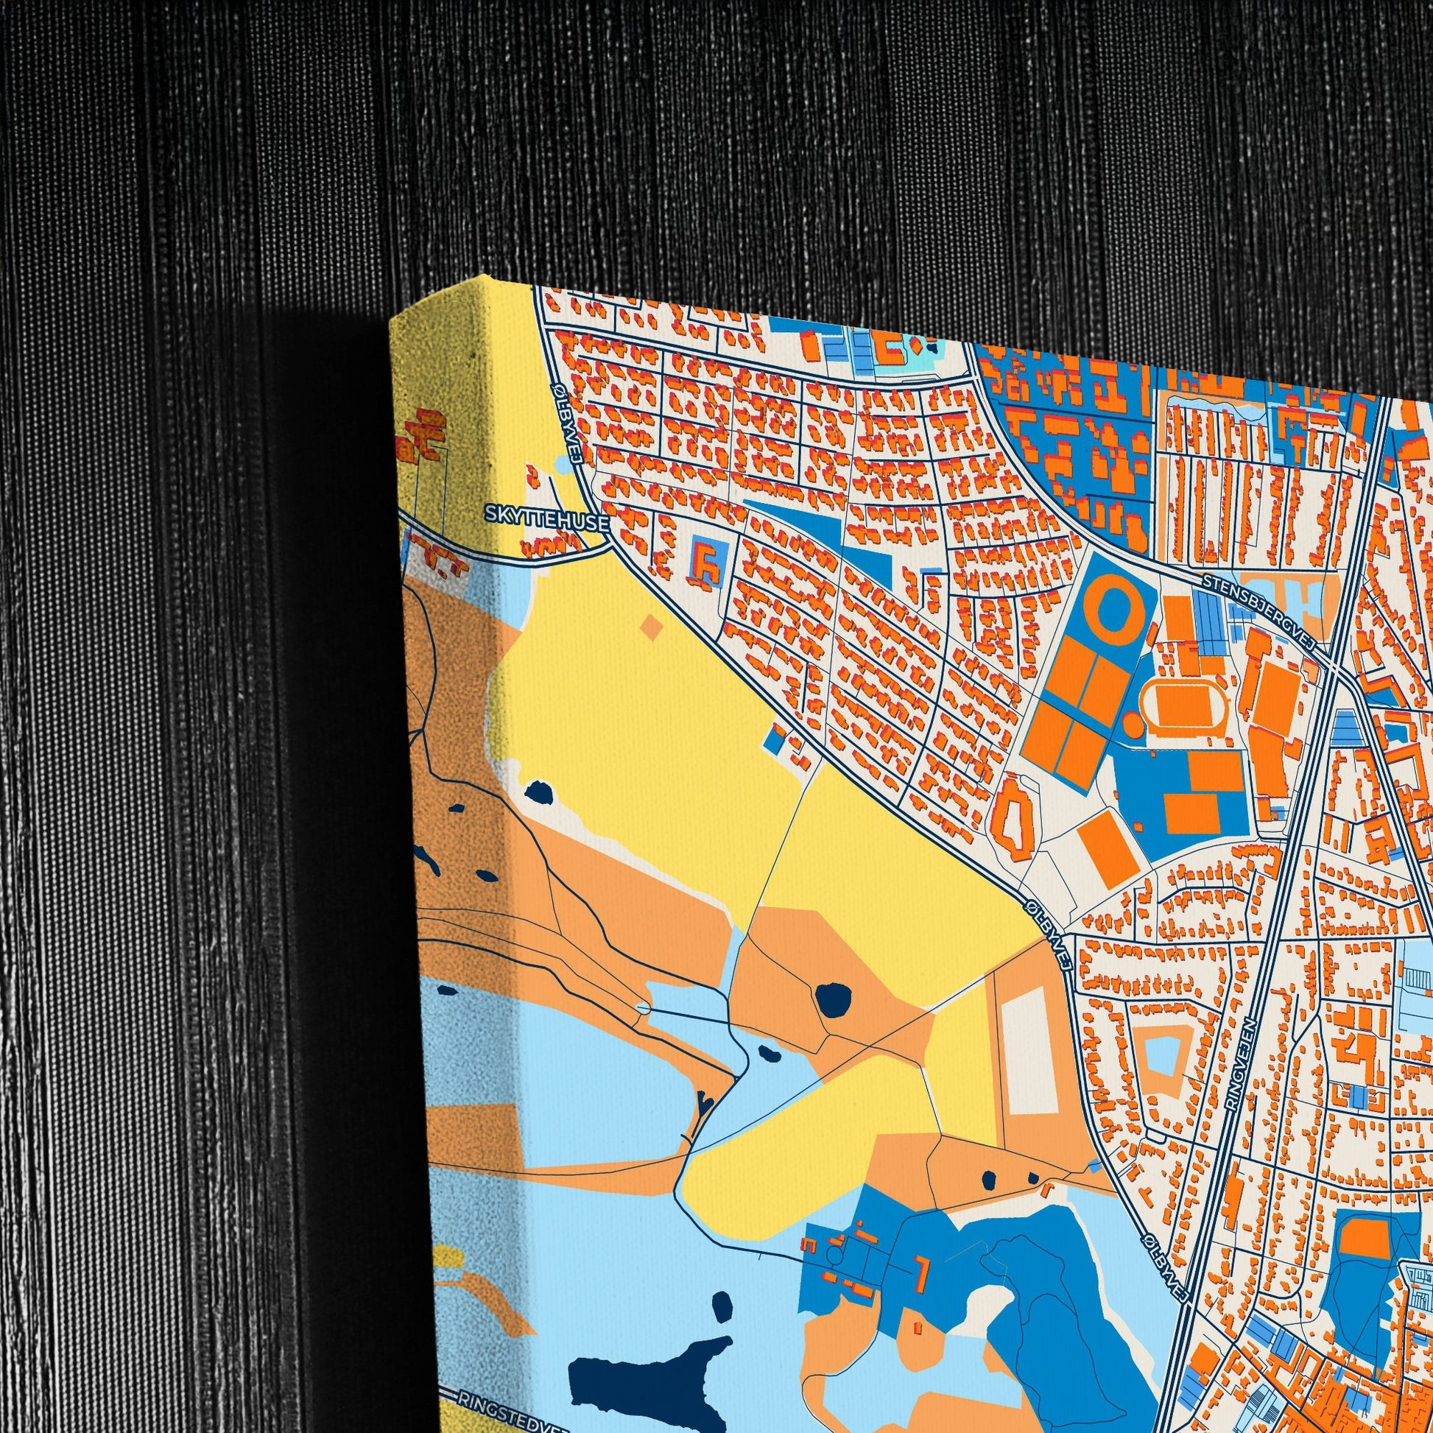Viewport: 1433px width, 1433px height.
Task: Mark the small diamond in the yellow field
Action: [651, 627]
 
